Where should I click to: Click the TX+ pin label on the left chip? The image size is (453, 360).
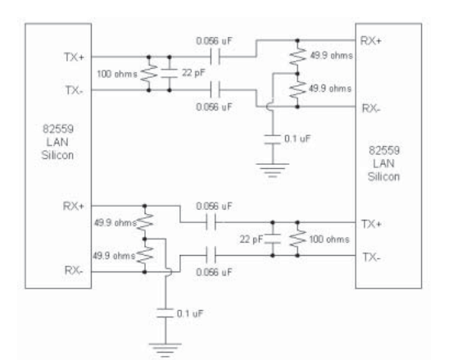click(x=74, y=57)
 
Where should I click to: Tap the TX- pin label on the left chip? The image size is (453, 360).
click(x=75, y=90)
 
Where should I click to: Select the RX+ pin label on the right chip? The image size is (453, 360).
click(x=371, y=41)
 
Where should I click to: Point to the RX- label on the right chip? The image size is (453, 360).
click(x=371, y=108)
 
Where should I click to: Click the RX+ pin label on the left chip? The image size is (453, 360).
click(x=74, y=206)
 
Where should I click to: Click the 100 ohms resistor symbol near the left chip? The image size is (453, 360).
click(x=149, y=74)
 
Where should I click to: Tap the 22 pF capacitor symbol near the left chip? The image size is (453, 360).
click(x=170, y=74)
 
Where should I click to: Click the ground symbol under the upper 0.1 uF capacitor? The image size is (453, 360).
click(x=272, y=170)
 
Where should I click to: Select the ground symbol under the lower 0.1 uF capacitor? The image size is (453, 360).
click(x=165, y=350)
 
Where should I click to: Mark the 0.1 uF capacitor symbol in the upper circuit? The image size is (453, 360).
click(x=273, y=139)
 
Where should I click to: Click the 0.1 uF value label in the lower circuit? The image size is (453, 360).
click(x=190, y=313)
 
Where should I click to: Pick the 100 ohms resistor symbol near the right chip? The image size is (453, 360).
click(x=297, y=239)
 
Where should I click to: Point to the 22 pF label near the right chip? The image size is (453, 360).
click(x=251, y=239)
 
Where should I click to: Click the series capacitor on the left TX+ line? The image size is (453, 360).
click(x=215, y=57)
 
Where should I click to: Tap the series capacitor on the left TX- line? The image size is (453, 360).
click(x=215, y=90)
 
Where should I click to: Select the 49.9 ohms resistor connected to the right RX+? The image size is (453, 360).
click(x=297, y=57)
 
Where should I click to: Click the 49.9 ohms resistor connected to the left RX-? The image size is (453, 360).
click(x=145, y=255)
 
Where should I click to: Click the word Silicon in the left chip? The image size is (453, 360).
click(x=57, y=155)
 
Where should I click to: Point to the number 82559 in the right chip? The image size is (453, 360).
click(x=384, y=150)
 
